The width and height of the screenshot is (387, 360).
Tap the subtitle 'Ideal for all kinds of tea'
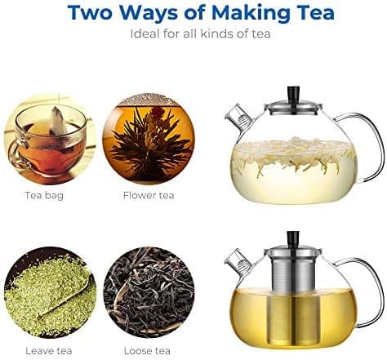click(200, 34)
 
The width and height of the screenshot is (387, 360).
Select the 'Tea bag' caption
click(44, 195)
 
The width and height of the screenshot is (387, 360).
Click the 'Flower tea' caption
click(149, 195)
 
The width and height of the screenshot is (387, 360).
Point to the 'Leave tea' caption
click(49, 351)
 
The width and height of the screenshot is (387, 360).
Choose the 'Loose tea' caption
click(147, 351)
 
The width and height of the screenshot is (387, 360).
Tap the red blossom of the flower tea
click(158, 112)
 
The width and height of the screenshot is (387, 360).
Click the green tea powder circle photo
click(51, 292)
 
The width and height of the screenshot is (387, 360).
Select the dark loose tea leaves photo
click(149, 292)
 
